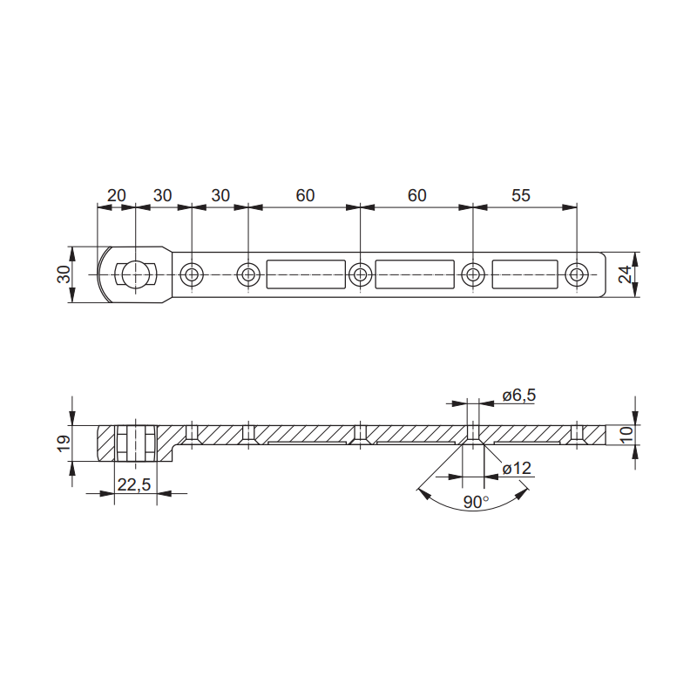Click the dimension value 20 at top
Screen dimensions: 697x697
117,195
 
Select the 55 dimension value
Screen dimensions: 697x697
520,195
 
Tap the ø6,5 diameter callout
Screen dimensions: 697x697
519,396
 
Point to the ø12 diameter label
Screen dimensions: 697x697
517,468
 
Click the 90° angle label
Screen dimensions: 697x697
476,503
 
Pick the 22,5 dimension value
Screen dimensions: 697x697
134,484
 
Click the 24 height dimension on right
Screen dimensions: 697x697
626,274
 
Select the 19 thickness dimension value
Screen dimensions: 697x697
64,443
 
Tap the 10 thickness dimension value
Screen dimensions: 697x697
626,434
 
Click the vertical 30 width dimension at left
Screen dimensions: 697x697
64,274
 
